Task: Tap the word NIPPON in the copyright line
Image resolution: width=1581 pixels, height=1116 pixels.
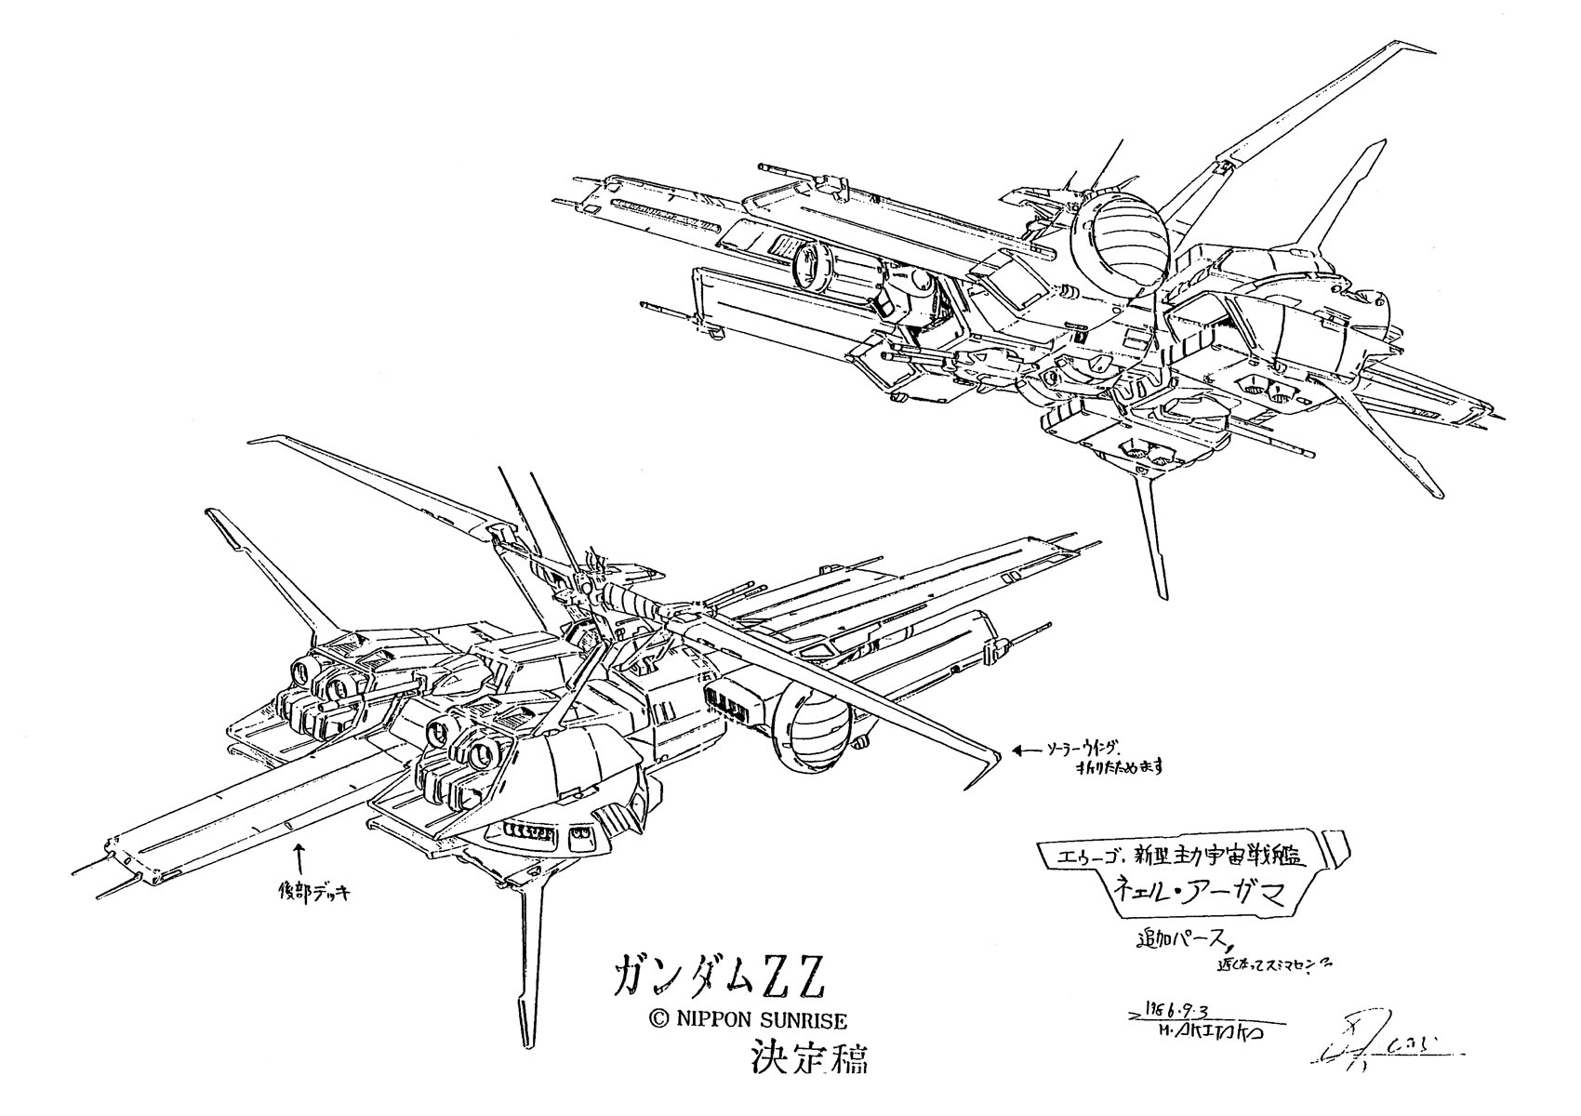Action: tap(711, 1020)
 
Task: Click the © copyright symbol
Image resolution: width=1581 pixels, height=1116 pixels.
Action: tap(658, 1020)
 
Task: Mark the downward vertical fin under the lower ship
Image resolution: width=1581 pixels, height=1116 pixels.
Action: tap(533, 967)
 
